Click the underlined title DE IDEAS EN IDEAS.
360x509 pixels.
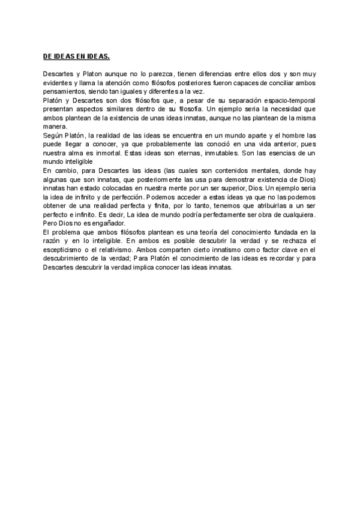[x=76, y=56]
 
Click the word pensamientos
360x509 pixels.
[x=64, y=91]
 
